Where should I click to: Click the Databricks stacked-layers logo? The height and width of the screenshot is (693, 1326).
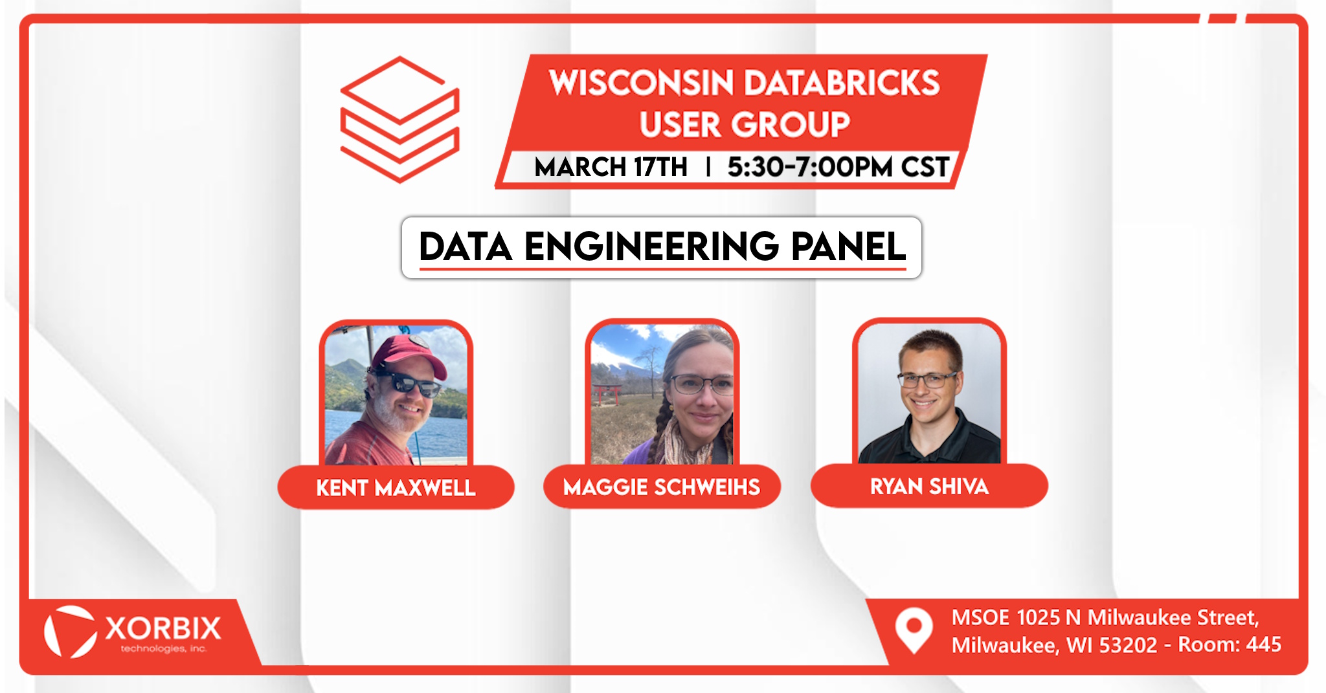(399, 120)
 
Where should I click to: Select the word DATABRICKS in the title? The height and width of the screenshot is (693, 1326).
(842, 83)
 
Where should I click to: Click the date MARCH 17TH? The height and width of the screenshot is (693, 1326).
(611, 167)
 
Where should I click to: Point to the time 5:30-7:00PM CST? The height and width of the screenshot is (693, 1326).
(838, 167)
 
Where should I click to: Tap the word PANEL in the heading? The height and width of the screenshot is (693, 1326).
(848, 247)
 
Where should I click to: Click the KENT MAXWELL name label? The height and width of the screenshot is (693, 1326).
(396, 487)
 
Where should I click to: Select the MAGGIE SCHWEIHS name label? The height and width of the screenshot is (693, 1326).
(662, 487)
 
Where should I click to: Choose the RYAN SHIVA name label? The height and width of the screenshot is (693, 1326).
(929, 486)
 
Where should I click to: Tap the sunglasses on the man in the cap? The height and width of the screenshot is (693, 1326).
(408, 384)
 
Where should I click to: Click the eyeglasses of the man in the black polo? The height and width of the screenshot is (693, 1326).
(927, 379)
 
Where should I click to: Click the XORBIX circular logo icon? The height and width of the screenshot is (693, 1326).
(69, 632)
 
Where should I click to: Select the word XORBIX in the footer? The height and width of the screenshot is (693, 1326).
(163, 628)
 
